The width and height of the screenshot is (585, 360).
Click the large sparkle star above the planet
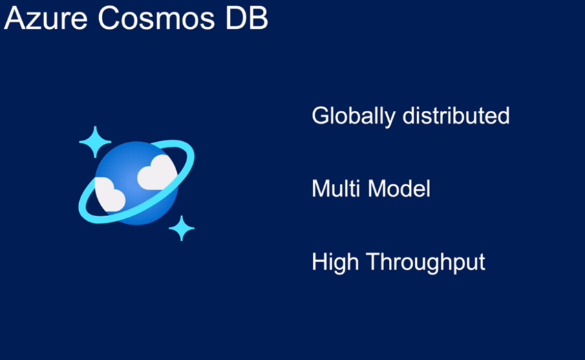(95, 142)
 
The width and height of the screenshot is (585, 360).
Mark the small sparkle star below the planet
(181, 228)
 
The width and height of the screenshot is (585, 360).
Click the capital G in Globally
(320, 115)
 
